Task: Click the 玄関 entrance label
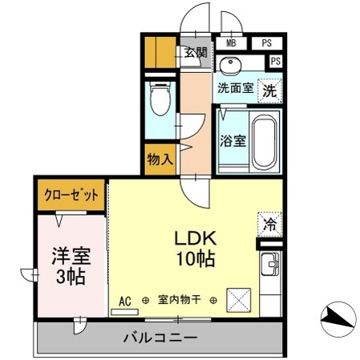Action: tap(195, 54)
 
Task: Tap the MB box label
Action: tap(231, 43)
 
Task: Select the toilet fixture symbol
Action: tap(159, 101)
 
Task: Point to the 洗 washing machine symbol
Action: tap(270, 91)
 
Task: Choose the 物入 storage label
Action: tap(160, 159)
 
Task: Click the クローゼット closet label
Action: tap(70, 196)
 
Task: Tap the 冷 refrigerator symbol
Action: tap(270, 224)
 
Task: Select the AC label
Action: tap(124, 301)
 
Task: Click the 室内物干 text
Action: tap(179, 301)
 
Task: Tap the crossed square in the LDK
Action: tap(239, 301)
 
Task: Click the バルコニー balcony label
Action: tap(160, 337)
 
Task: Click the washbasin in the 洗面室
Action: tap(233, 64)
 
